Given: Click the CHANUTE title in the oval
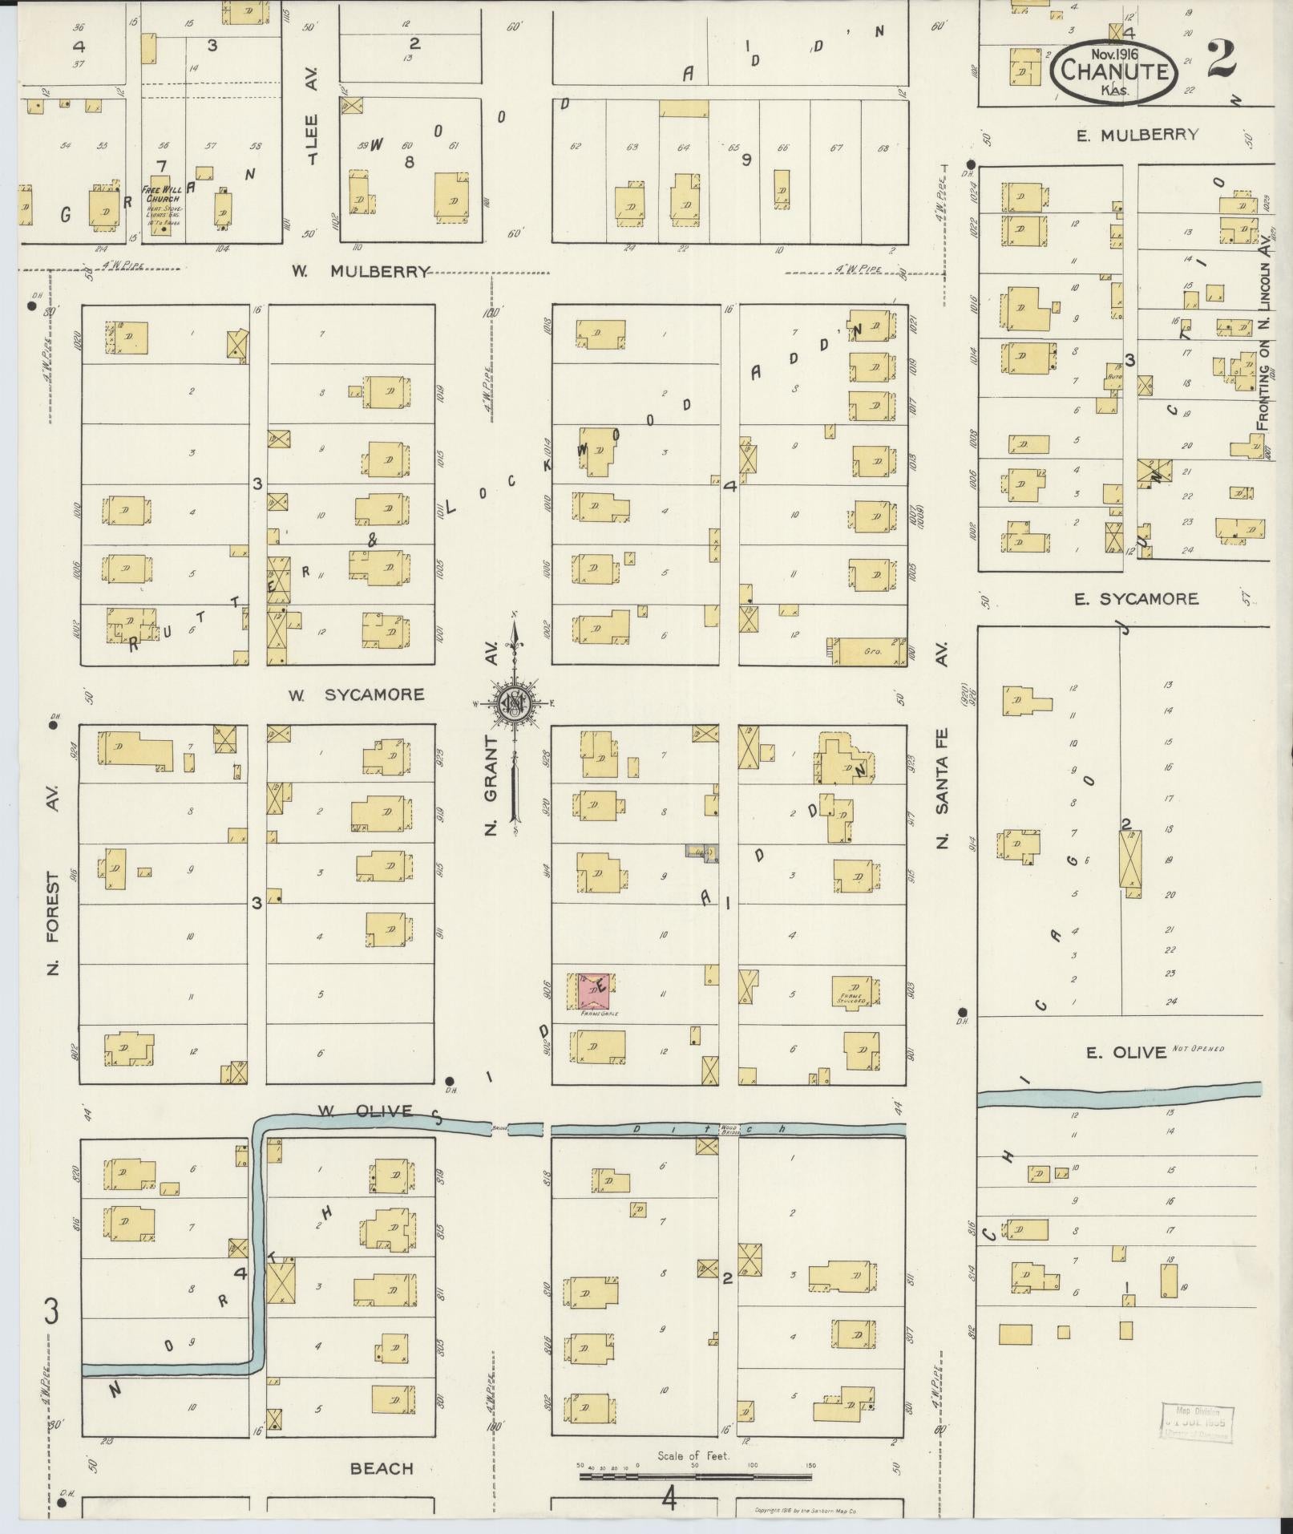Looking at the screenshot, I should pos(1114,71).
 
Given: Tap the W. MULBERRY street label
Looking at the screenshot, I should pos(360,272).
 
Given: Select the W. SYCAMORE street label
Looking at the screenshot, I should pos(357,694).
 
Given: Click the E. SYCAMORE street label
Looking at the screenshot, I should pos(1137,598).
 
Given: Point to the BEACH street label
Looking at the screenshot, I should pos(382,1468).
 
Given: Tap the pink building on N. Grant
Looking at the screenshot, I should pos(594,992).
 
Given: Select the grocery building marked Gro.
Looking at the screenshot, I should pos(869,652).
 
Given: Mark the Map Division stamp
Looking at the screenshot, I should pos(1197,1423).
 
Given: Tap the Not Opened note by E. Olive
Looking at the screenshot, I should pos(1199,1048).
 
